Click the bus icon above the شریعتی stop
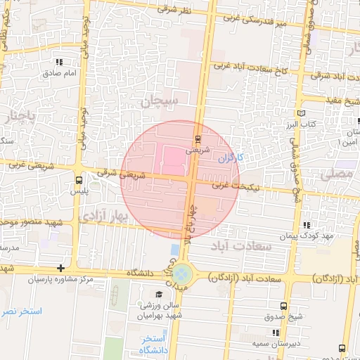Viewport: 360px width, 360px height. [x=198, y=138]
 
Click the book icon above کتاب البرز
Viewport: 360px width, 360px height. [x=302, y=113]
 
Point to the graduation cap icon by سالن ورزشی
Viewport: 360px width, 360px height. [x=159, y=294]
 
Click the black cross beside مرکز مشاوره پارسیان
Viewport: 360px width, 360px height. [x=61, y=268]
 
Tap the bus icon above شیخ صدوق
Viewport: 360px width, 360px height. [x=283, y=306]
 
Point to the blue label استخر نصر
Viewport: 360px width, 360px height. [x=21, y=311]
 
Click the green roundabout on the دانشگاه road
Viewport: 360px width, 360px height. [x=184, y=271]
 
